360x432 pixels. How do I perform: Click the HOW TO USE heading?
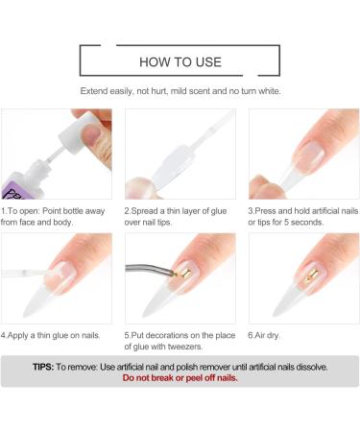180,62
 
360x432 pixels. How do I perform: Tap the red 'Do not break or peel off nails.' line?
180,378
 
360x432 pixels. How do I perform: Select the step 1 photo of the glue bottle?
56,154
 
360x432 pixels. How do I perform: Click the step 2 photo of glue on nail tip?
180,154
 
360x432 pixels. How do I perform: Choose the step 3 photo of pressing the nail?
303,154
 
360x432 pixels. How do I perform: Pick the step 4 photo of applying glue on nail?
56,277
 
